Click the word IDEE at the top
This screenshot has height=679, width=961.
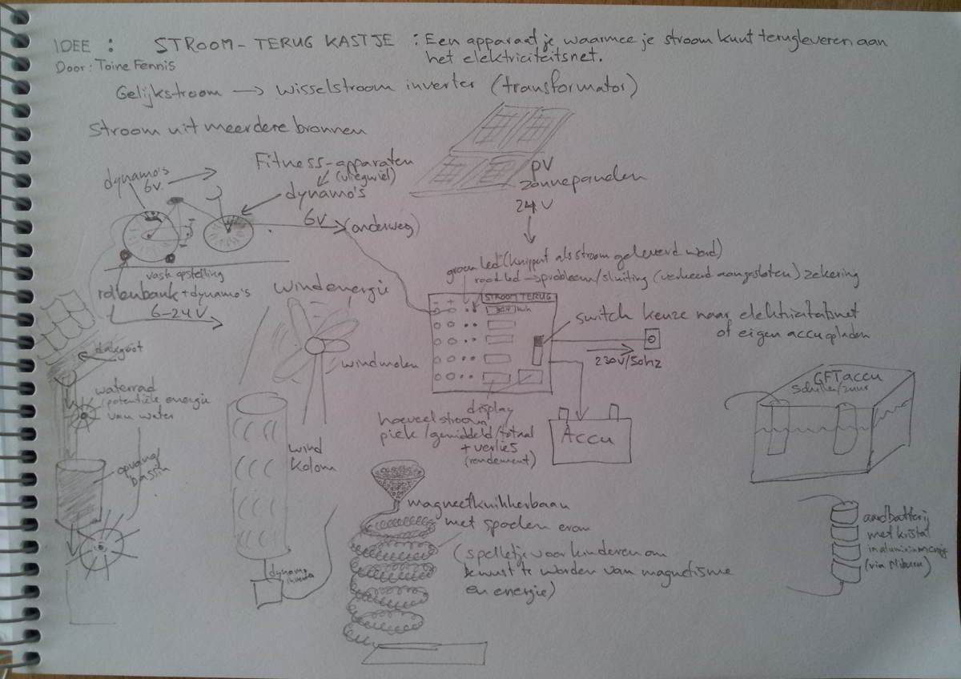pos(71,45)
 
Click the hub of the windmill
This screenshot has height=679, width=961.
pos(316,346)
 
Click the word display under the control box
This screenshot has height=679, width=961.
pos(488,407)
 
